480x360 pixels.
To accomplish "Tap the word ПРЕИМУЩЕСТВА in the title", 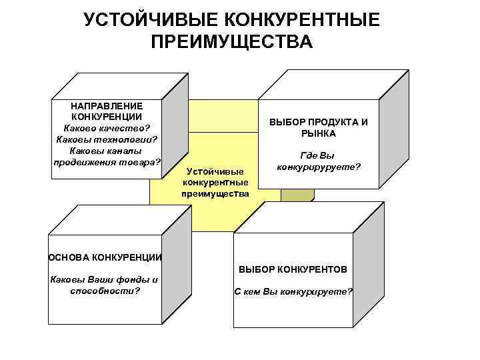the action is click(x=231, y=43).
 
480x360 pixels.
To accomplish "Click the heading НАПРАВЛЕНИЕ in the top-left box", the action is click(x=107, y=106).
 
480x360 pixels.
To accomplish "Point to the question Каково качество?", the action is click(x=107, y=128).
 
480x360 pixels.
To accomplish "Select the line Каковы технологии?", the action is click(x=107, y=139).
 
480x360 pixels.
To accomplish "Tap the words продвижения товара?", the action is click(x=107, y=161).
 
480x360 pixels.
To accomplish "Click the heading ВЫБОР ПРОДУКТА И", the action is click(x=318, y=123).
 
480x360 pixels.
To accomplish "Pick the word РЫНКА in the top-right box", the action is click(x=318, y=133).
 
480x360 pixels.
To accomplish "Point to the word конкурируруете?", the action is click(x=318, y=167).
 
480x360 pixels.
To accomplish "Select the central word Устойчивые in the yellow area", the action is click(x=215, y=172).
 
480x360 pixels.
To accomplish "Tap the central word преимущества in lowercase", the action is click(x=215, y=194).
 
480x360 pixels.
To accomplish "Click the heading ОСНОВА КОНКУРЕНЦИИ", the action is click(x=105, y=257).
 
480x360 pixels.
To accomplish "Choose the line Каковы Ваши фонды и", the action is click(x=105, y=280).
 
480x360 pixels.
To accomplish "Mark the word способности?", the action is click(x=105, y=291).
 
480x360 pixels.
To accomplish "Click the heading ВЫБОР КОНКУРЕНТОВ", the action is click(x=293, y=269).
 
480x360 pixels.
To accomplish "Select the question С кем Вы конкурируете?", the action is click(x=293, y=292).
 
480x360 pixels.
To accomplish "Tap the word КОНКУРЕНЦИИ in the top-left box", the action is click(x=107, y=117).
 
